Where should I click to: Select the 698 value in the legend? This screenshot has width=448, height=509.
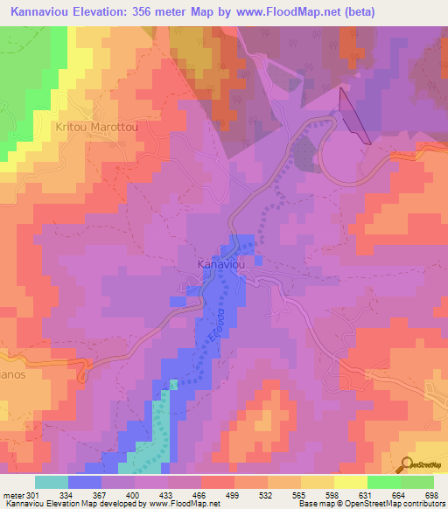(430, 496)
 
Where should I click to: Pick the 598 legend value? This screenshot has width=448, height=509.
(332, 496)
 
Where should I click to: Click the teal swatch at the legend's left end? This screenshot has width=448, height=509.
(52, 482)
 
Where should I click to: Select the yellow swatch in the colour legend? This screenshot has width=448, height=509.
(350, 482)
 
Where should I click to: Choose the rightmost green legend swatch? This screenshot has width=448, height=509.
(417, 482)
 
